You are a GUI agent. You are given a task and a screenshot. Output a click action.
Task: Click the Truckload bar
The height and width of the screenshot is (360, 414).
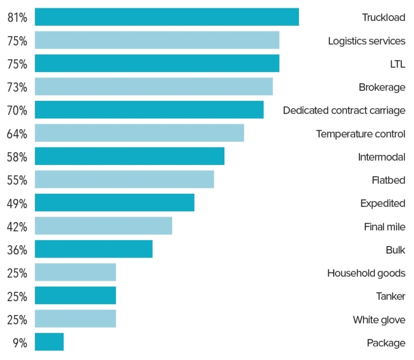click(167, 17)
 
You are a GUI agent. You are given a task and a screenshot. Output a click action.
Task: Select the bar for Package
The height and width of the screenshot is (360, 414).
click(49, 342)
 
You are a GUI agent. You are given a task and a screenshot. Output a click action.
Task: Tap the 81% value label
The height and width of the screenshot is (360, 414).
click(17, 17)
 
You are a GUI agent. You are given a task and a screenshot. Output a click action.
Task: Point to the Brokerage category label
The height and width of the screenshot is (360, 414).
click(382, 87)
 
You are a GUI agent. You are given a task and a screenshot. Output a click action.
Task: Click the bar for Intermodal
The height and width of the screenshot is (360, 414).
click(130, 157)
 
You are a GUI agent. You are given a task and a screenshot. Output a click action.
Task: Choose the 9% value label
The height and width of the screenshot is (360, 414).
click(20, 343)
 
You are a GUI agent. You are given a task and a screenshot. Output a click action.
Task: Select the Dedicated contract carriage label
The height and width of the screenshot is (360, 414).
click(344, 110)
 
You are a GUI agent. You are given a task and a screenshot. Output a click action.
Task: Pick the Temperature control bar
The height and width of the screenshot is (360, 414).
click(139, 133)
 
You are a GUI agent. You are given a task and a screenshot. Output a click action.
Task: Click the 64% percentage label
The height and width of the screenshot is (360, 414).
click(17, 134)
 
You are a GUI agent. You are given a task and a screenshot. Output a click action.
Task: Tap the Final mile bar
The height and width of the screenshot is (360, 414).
click(103, 226)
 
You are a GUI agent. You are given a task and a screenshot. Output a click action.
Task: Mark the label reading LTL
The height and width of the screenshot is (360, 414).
click(397, 64)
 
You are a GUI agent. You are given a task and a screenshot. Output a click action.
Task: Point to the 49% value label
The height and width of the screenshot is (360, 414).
click(17, 203)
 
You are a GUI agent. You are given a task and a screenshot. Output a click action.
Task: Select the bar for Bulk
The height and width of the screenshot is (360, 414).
click(94, 249)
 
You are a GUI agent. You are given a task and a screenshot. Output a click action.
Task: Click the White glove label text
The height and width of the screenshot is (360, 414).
click(379, 320)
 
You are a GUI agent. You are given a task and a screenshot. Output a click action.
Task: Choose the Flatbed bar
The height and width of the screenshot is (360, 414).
click(124, 180)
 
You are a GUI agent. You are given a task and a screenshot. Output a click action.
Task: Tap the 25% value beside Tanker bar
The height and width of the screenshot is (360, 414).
click(17, 296)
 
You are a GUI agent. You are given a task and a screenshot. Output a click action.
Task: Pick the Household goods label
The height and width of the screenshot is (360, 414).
click(366, 273)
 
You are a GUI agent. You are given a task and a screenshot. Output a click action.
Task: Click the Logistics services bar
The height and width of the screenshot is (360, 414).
click(157, 40)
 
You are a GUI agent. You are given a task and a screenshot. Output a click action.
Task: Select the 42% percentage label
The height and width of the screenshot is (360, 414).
click(17, 227)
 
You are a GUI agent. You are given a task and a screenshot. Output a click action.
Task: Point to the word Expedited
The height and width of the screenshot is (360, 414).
click(382, 203)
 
